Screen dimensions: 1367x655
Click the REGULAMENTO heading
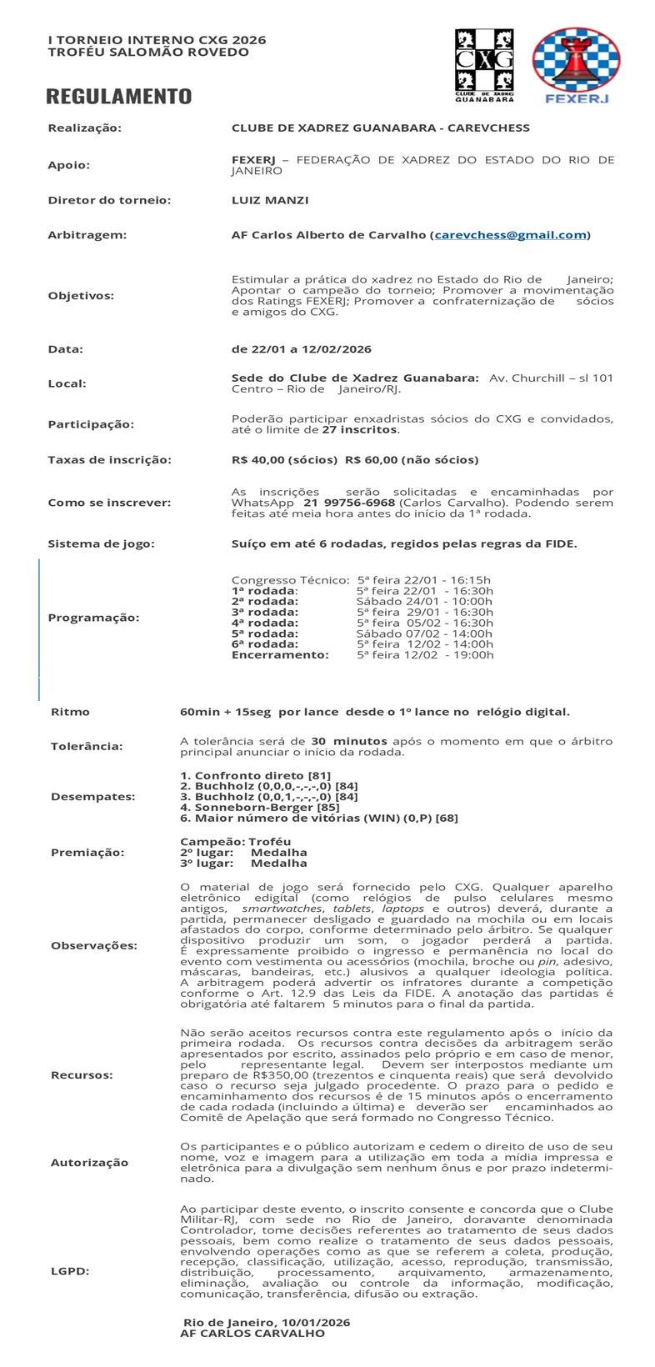pyautogui.click(x=119, y=97)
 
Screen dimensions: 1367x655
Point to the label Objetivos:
pyautogui.click(x=81, y=295)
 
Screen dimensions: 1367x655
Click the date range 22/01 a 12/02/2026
pyautogui.click(x=301, y=349)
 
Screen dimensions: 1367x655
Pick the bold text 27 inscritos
pyautogui.click(x=360, y=430)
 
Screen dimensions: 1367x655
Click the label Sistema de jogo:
pyautogui.click(x=101, y=544)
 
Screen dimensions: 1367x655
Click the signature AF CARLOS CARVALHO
pyautogui.click(x=252, y=1333)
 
